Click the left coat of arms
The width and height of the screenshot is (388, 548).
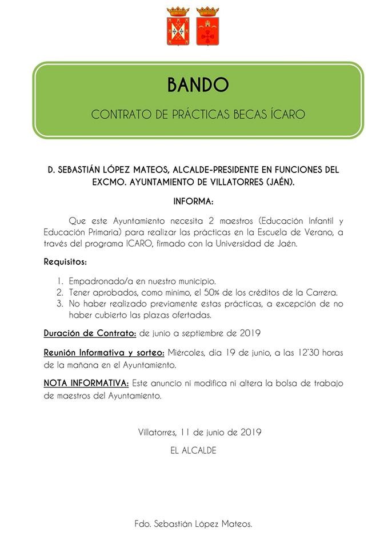pyautogui.click(x=178, y=27)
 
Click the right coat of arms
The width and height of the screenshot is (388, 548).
pyautogui.click(x=207, y=27)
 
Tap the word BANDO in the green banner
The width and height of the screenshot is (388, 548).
pyautogui.click(x=198, y=85)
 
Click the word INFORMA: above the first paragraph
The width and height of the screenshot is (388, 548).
pyautogui.click(x=194, y=202)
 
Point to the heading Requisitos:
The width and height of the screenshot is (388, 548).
pyautogui.click(x=66, y=262)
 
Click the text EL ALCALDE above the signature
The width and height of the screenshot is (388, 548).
pyautogui.click(x=194, y=450)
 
